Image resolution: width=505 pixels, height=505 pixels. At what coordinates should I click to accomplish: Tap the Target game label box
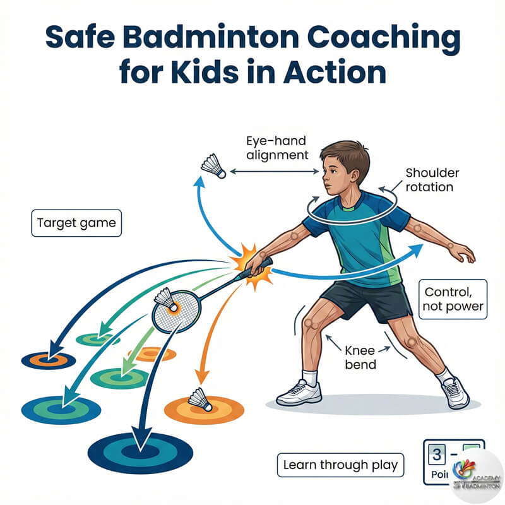76,223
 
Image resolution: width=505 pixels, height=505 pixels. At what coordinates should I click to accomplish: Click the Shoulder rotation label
429,179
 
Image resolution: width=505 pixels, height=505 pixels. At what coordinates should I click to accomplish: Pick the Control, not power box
454,299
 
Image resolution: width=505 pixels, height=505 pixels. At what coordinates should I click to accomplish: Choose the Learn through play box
340,465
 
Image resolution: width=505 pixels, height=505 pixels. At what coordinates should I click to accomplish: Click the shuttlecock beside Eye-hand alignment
213,166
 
